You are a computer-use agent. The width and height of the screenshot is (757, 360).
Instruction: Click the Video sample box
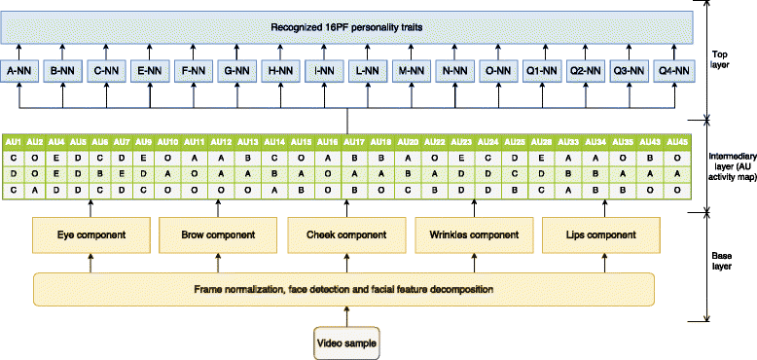coord(343,342)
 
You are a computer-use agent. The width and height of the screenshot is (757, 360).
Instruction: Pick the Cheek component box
coord(343,234)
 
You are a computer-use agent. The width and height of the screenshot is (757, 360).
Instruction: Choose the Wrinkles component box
coord(471,234)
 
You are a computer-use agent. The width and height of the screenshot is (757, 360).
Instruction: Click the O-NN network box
coord(496,70)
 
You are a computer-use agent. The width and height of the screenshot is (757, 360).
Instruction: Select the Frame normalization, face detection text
coord(343,288)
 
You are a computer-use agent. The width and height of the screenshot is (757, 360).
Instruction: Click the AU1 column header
coord(14,143)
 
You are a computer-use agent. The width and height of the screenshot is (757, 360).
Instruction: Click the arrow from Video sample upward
coord(343,316)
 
